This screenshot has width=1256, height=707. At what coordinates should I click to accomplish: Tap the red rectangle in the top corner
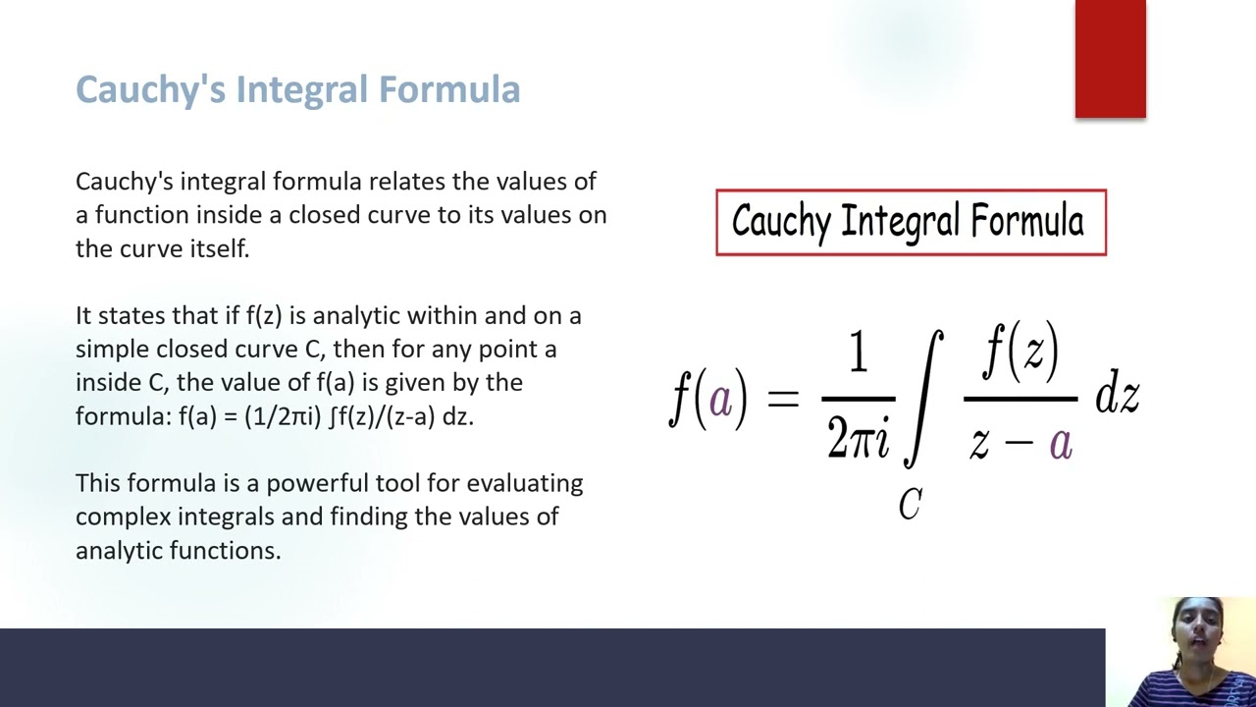click(x=1110, y=59)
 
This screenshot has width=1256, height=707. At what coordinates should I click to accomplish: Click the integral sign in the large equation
click(x=923, y=398)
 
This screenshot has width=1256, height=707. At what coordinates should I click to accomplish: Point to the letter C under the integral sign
click(x=910, y=505)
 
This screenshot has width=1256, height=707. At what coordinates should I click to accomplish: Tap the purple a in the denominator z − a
click(x=1060, y=443)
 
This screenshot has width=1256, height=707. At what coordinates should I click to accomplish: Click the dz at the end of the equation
click(x=1117, y=397)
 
